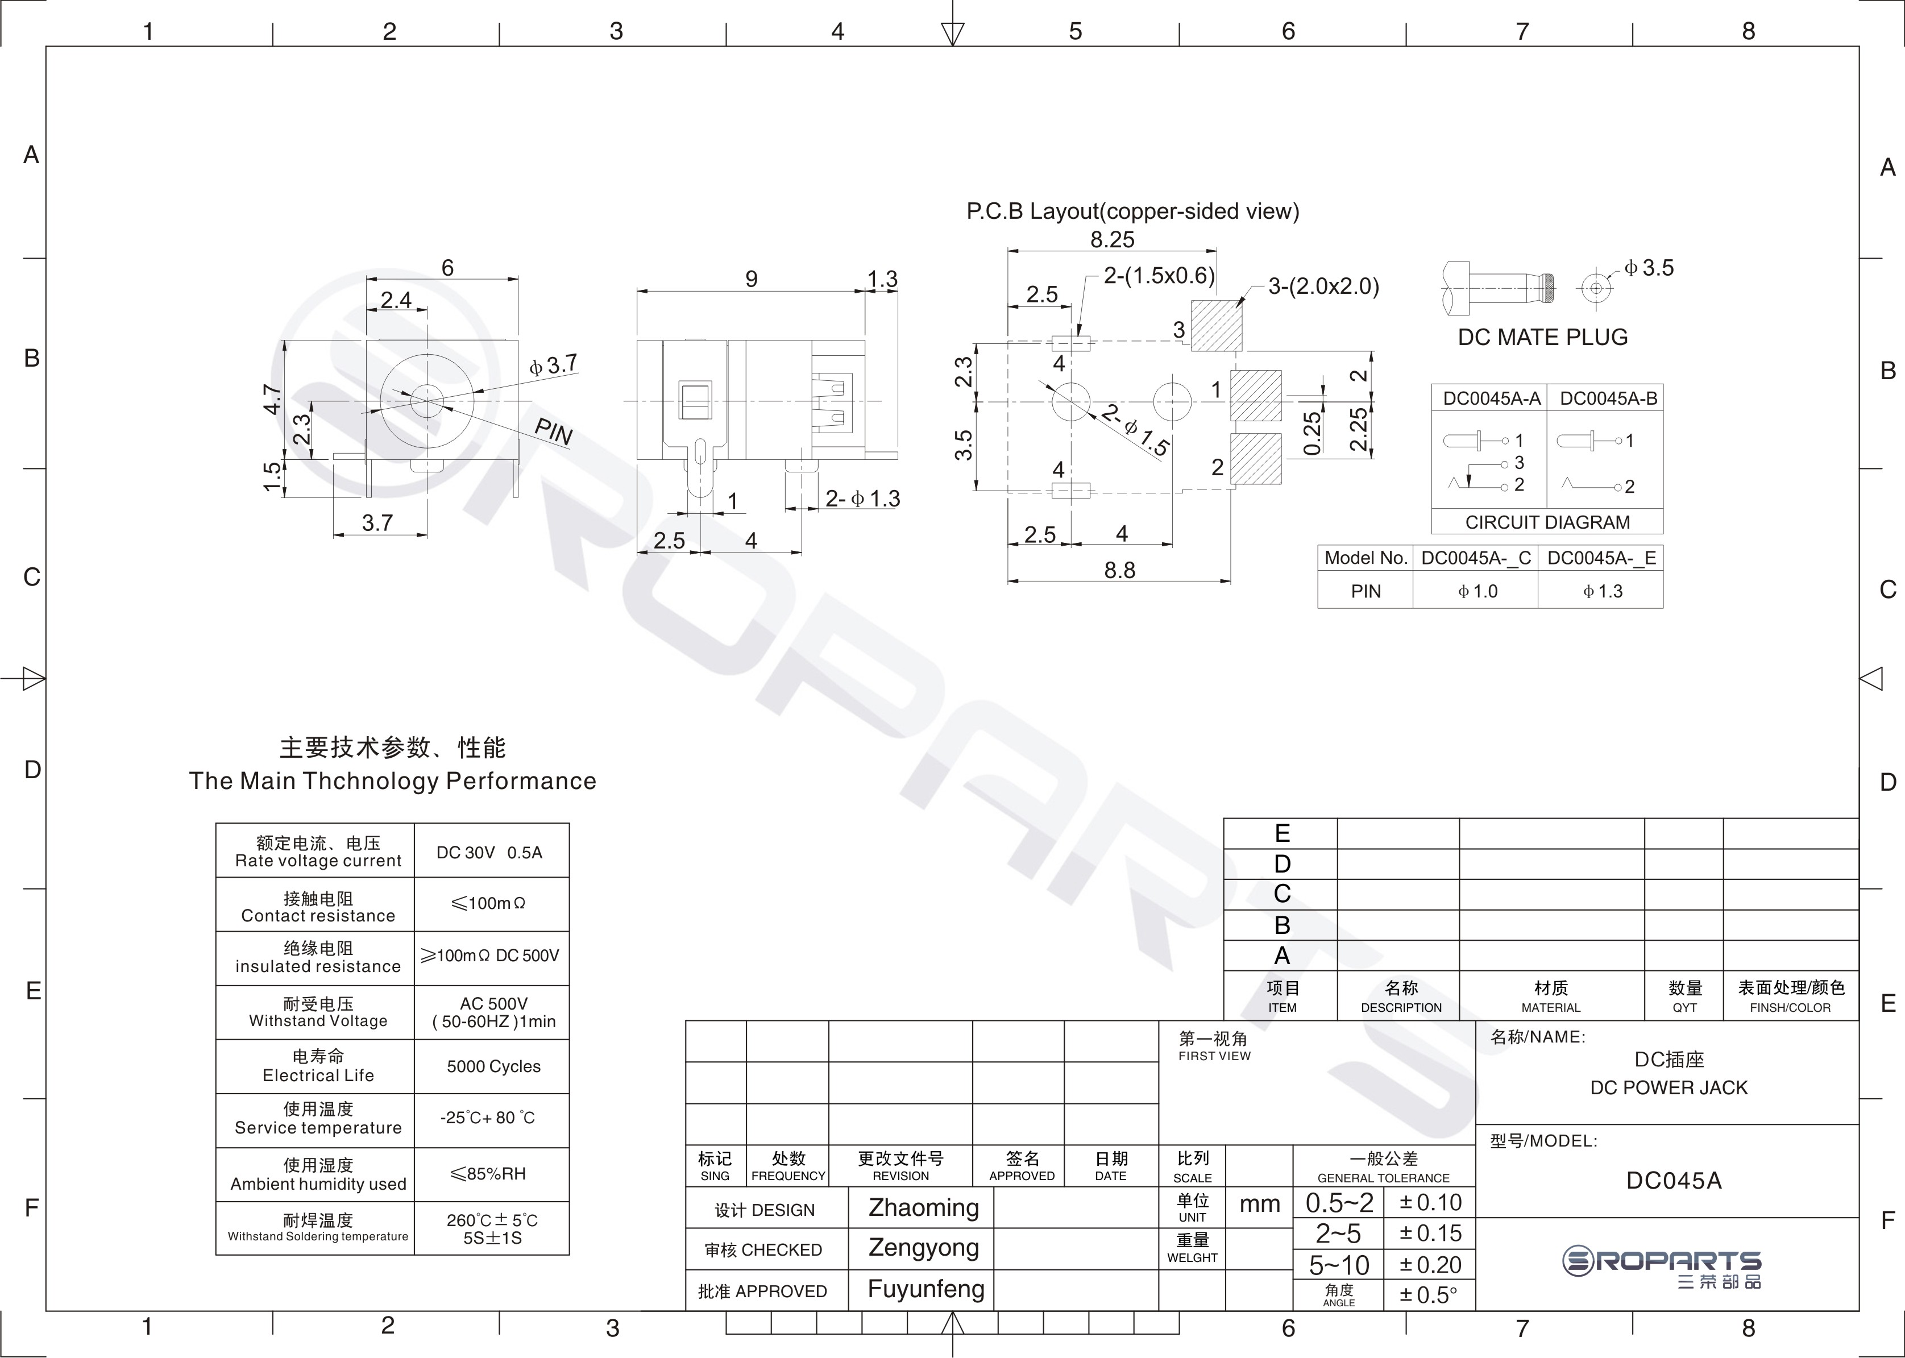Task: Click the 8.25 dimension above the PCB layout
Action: pyautogui.click(x=1112, y=240)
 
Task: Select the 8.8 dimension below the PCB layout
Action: pyautogui.click(x=1120, y=570)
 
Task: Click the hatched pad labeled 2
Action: pyautogui.click(x=1256, y=458)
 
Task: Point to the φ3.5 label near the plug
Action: pyautogui.click(x=1649, y=268)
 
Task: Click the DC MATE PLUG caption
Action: pyautogui.click(x=1543, y=337)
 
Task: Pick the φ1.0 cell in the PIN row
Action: pyautogui.click(x=1477, y=591)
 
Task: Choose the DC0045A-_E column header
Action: pyautogui.click(x=1601, y=558)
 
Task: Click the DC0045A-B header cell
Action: pyautogui.click(x=1608, y=398)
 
